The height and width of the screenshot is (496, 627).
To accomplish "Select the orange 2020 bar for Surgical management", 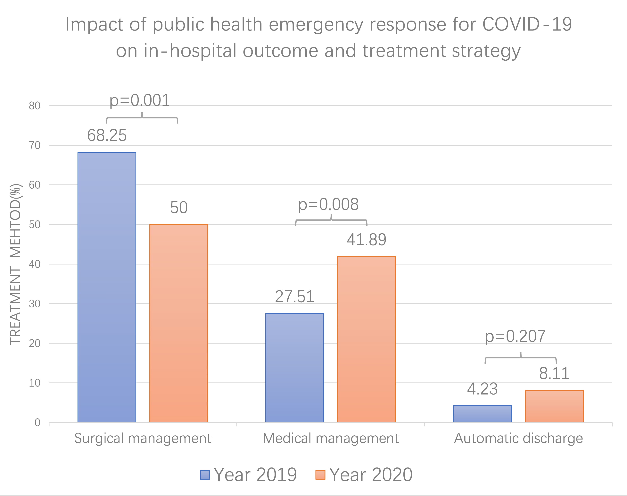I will click(x=179, y=323).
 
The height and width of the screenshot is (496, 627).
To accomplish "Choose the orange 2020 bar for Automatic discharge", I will click(x=554, y=406).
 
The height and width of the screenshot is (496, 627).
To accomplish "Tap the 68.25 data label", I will click(x=107, y=135).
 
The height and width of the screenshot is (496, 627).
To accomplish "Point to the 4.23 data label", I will click(x=482, y=389).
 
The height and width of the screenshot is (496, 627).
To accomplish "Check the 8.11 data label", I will click(x=554, y=373).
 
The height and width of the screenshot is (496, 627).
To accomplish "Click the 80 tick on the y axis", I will click(x=35, y=106).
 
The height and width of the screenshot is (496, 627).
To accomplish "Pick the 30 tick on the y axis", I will click(x=35, y=304).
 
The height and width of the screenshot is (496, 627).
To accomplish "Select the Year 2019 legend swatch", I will click(x=205, y=475).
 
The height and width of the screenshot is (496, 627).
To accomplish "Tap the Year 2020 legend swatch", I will click(x=320, y=475).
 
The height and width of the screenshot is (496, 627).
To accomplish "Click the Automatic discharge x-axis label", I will click(x=518, y=438).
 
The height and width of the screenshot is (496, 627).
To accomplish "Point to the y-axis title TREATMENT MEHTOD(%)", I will click(x=15, y=264).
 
